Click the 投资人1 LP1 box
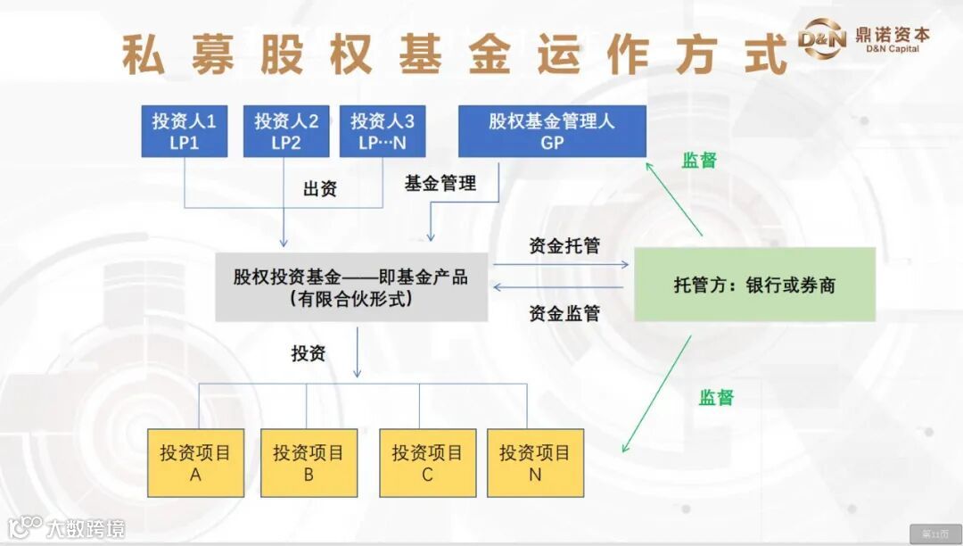(x=185, y=131)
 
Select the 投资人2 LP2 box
(x=286, y=131)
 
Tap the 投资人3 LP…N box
(x=382, y=131)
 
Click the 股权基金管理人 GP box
(x=552, y=131)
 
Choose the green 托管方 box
(x=754, y=285)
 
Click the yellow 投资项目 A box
(x=195, y=463)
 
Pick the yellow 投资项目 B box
(x=309, y=463)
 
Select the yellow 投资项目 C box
(x=427, y=463)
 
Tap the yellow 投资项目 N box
(x=535, y=463)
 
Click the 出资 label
(x=320, y=189)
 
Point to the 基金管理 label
(x=440, y=184)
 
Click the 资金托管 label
(x=564, y=246)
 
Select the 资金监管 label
(x=564, y=313)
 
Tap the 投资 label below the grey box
(x=309, y=353)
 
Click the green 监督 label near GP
(x=699, y=161)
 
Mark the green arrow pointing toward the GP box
(x=674, y=199)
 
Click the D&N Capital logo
(x=862, y=40)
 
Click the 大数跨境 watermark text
(x=86, y=528)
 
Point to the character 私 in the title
(x=143, y=55)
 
